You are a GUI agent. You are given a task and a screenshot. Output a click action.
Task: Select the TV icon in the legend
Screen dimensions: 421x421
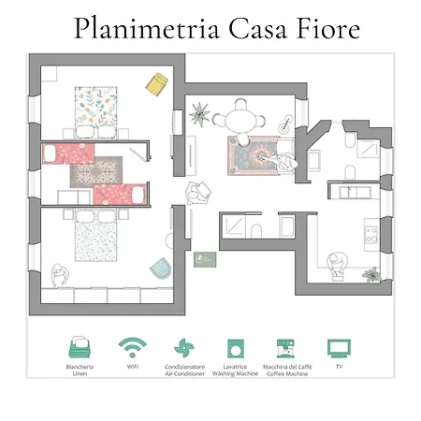click(338, 348)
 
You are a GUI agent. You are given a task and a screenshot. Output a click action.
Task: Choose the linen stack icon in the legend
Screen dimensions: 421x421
click(80, 347)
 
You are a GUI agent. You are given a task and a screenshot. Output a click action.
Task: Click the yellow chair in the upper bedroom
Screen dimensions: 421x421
click(156, 84)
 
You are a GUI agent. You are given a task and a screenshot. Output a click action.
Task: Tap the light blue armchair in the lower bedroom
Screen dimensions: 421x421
click(161, 267)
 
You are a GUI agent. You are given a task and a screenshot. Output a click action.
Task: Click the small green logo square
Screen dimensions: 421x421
click(204, 259)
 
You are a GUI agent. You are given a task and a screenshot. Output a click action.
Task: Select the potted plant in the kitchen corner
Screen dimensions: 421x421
click(371, 275)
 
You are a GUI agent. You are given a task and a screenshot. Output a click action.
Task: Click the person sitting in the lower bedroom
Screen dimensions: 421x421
click(63, 274)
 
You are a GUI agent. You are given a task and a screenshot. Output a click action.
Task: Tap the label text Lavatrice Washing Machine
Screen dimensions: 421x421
click(235, 370)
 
